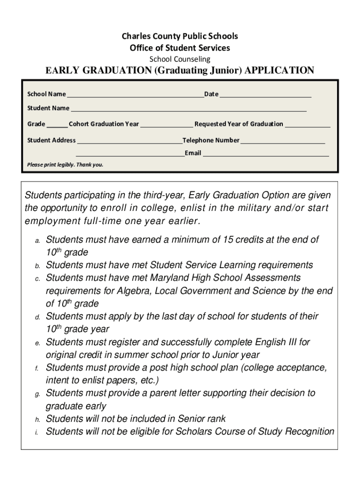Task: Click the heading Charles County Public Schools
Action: [180, 36]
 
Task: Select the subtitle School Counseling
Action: [180, 59]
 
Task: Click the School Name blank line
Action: [135, 95]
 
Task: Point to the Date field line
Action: [265, 95]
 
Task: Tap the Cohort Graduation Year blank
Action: [166, 126]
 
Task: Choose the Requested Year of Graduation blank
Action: [307, 126]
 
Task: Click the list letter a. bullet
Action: [37, 240]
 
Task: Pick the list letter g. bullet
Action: [37, 394]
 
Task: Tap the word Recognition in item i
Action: [309, 431]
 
